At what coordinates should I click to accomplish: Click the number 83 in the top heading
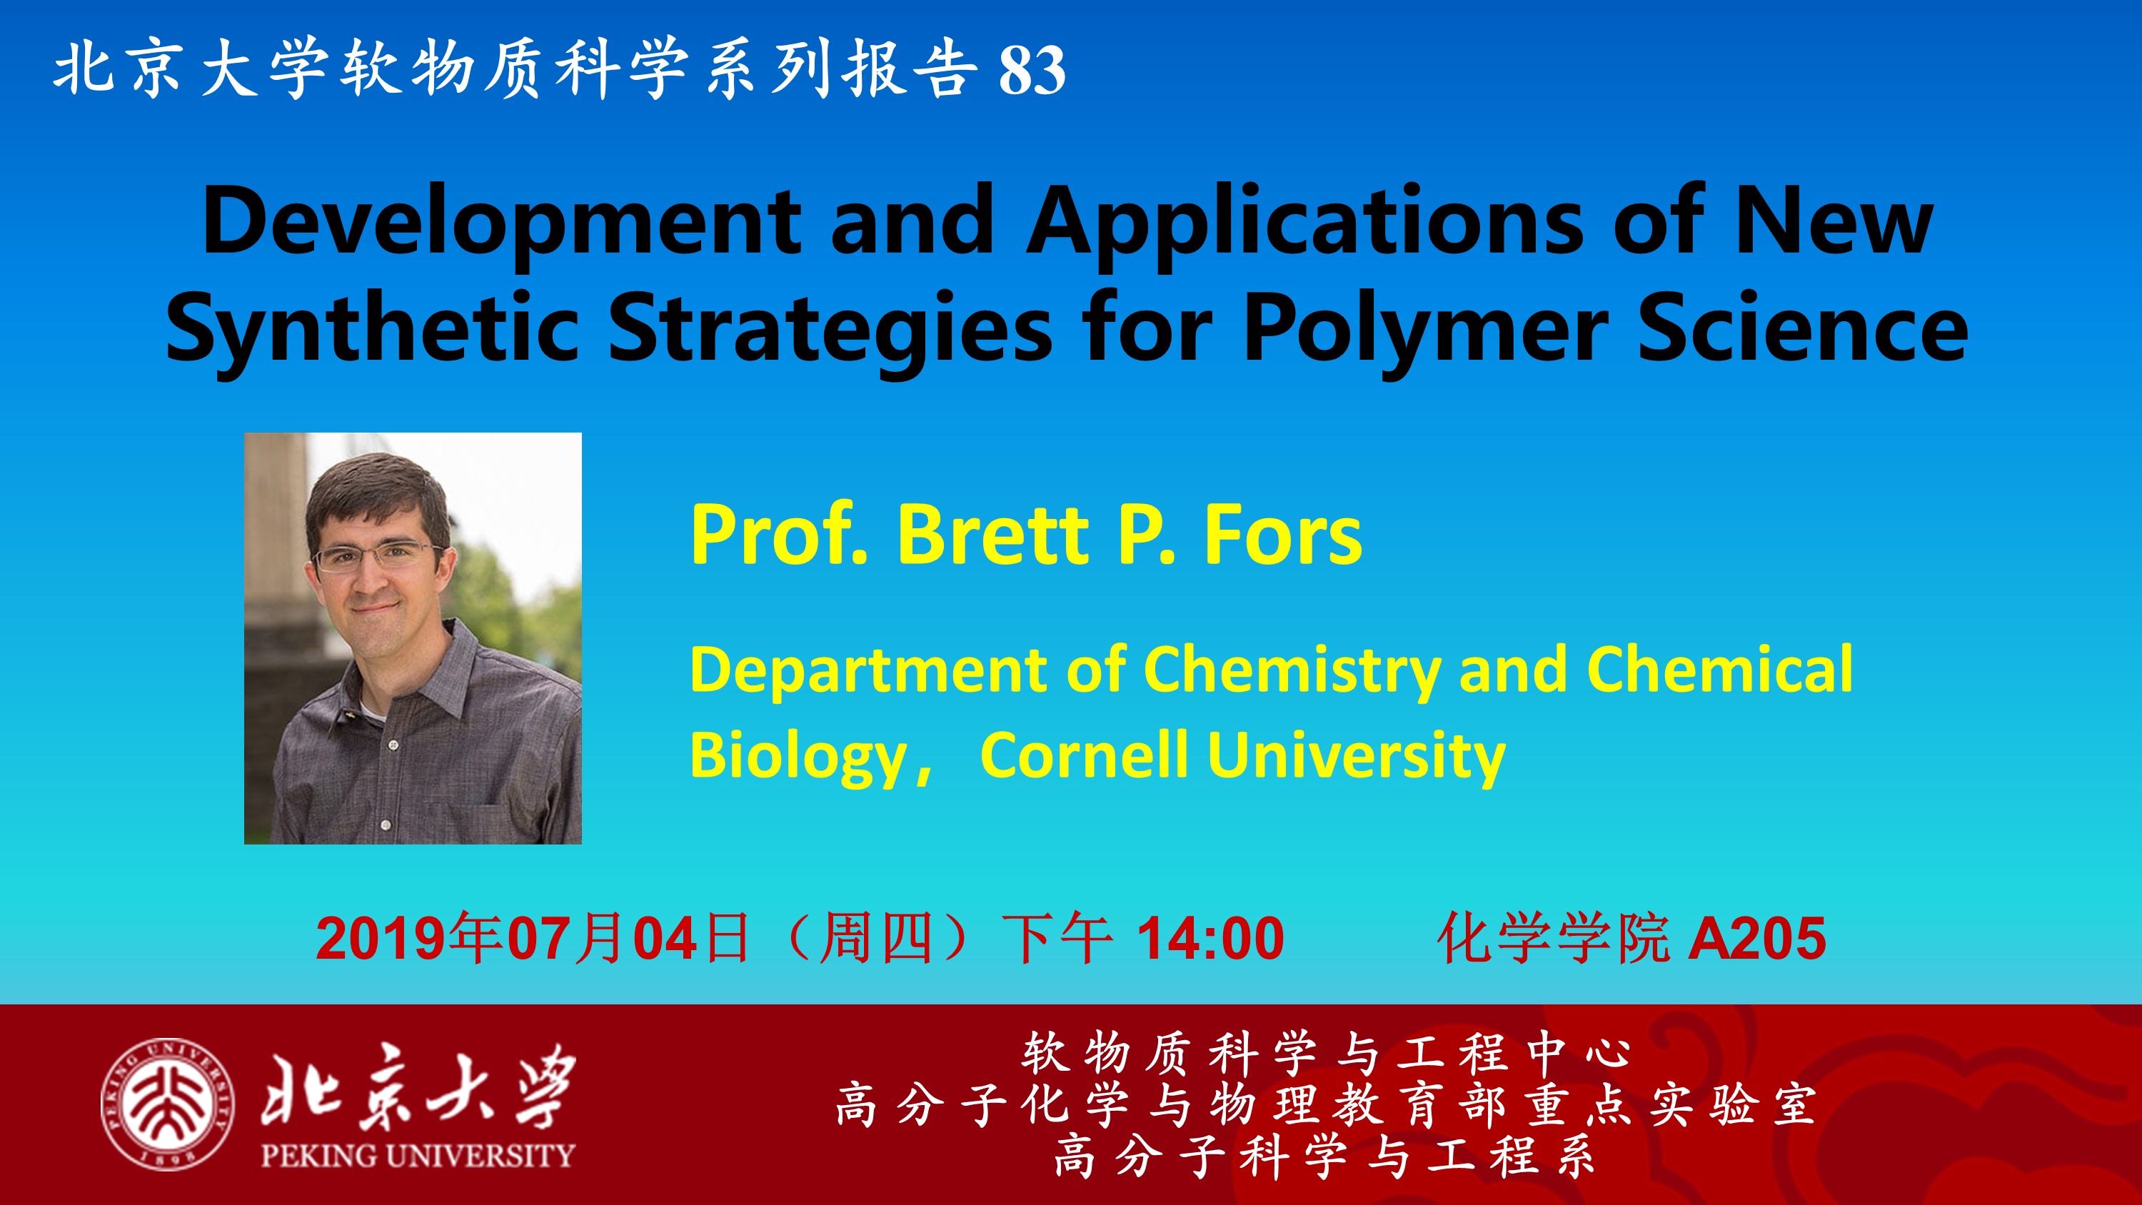pos(1032,70)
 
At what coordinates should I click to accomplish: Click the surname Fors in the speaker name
pos(1283,535)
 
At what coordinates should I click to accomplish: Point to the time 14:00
pos(1211,939)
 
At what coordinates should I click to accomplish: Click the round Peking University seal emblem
pos(167,1104)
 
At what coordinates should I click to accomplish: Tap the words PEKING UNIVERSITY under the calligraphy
pos(418,1155)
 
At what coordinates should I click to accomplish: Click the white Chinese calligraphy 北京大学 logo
pos(418,1084)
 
